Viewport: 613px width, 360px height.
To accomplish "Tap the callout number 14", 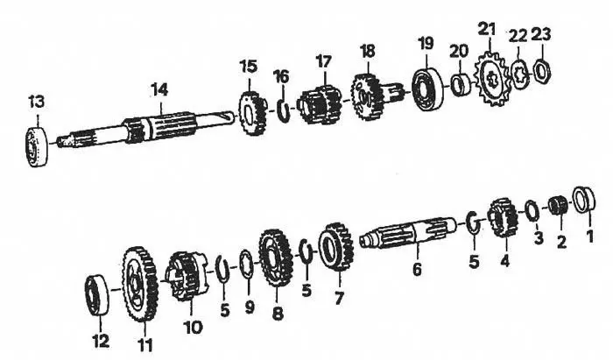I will (159, 89).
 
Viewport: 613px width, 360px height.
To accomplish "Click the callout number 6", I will (417, 270).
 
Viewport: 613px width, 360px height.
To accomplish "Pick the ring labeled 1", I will (584, 201).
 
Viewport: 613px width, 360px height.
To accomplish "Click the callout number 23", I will (540, 36).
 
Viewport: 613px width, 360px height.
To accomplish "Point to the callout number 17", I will (323, 61).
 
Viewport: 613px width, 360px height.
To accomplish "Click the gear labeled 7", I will (335, 247).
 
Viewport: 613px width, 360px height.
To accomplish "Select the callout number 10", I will (193, 328).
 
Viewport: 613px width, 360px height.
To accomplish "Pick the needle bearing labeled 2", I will (554, 209).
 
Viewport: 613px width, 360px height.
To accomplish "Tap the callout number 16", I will (279, 76).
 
